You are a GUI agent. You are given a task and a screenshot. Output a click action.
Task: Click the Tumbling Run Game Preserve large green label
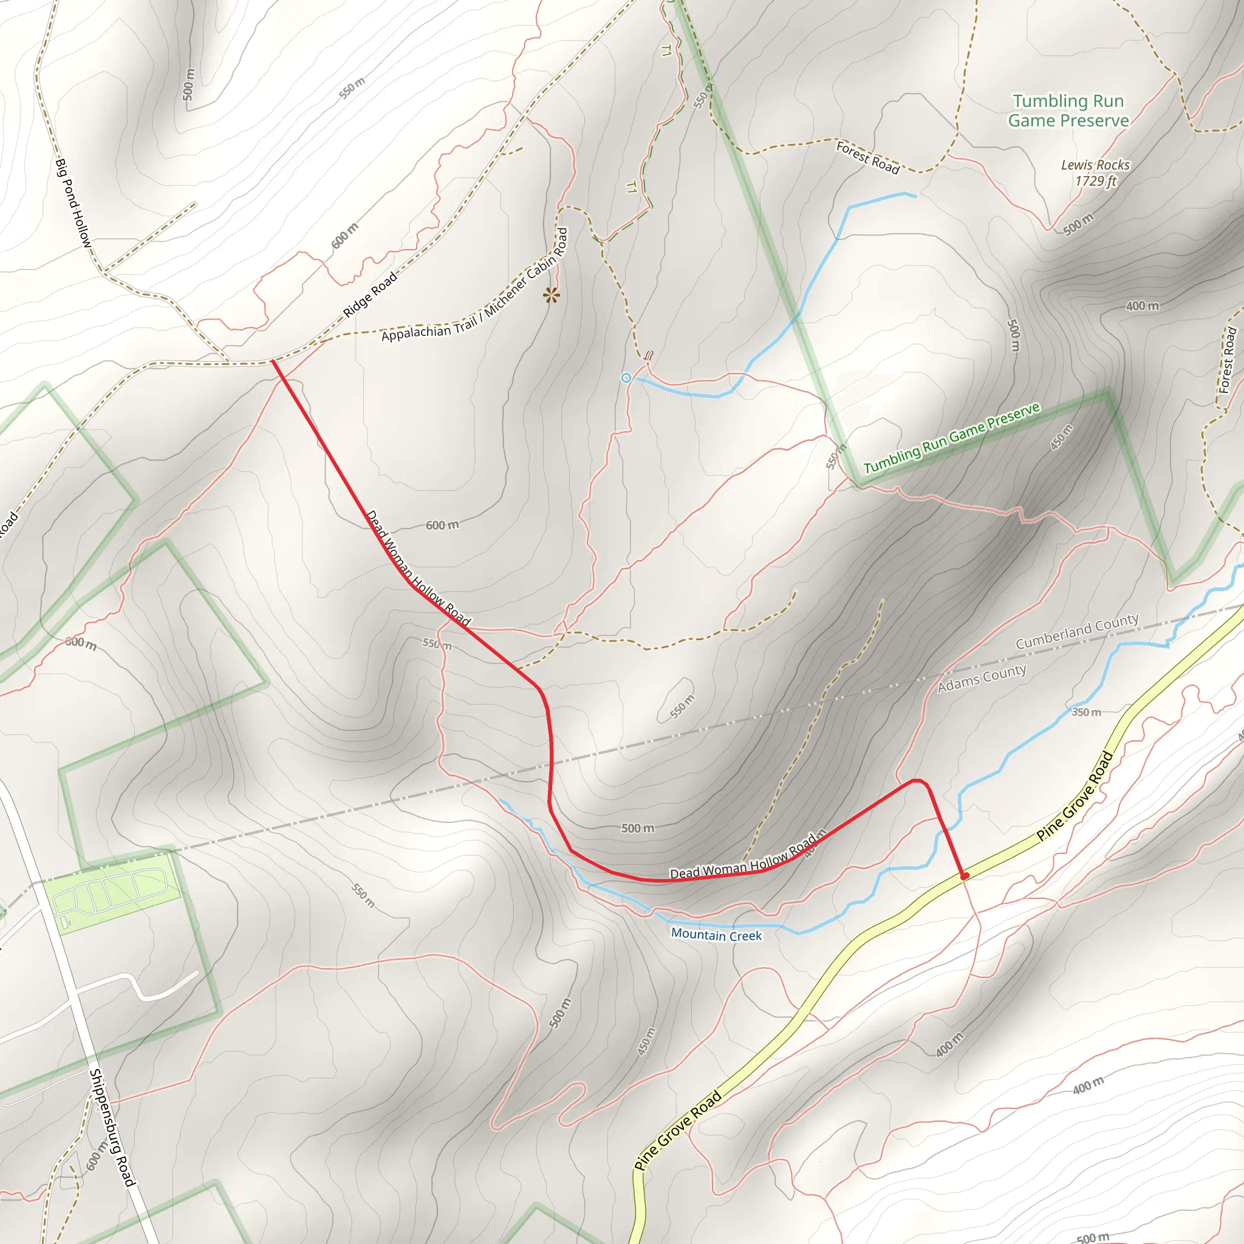tap(1068, 111)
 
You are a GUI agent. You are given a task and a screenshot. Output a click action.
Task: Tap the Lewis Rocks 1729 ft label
tap(1095, 173)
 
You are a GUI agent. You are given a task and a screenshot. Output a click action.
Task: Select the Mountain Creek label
tap(716, 934)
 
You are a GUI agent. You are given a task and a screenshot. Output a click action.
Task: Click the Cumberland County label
tap(1076, 631)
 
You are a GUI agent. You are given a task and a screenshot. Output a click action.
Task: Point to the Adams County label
tap(982, 678)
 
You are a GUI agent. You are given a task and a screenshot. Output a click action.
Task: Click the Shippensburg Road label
tap(112, 1127)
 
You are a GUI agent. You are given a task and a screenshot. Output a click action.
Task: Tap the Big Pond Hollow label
tap(73, 203)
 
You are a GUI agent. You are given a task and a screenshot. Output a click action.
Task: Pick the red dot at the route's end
tap(965, 876)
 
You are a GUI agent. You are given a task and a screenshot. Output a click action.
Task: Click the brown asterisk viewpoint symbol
tap(551, 296)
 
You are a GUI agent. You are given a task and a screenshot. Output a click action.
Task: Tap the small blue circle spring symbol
tap(626, 378)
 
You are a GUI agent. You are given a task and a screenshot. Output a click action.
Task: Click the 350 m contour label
tap(1086, 712)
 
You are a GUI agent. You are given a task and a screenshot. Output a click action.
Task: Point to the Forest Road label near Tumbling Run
tap(867, 157)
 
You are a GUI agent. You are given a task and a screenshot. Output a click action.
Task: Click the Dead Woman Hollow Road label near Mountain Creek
tap(743, 862)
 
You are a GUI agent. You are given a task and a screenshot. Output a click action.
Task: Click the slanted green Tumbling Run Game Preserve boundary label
tap(952, 438)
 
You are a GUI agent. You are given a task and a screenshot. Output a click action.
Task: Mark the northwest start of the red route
tap(273, 361)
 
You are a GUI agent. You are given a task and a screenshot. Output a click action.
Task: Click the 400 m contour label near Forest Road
tap(1143, 306)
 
